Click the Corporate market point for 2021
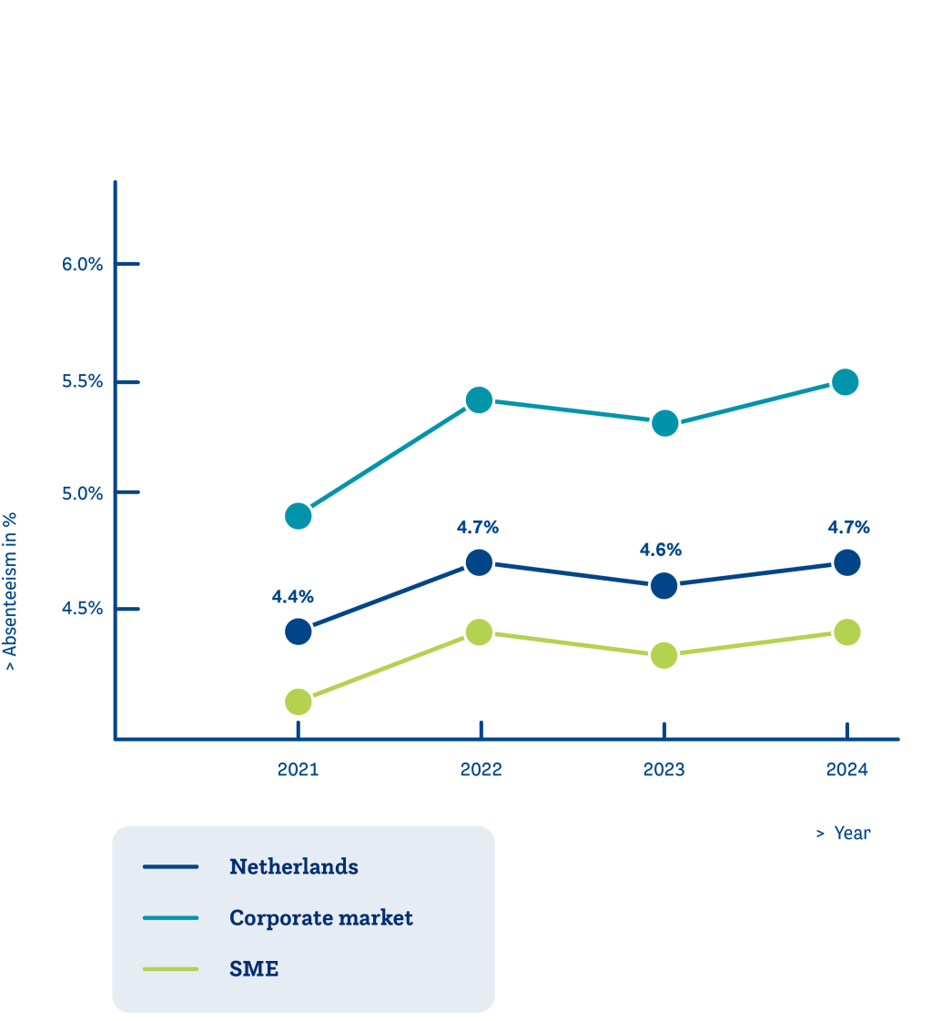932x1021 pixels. [298, 517]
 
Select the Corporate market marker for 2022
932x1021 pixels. [479, 399]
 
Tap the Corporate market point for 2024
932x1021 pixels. [846, 381]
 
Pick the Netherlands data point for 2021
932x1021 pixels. [298, 631]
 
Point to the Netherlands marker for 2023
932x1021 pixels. [664, 585]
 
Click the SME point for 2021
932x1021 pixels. [298, 702]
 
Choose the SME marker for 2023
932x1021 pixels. [664, 655]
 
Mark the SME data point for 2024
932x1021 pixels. [846, 632]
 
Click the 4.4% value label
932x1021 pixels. [292, 597]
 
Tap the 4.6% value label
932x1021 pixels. [661, 550]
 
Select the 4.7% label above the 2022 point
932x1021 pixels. [478, 527]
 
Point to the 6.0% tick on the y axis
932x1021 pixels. [83, 264]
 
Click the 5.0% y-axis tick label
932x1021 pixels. [83, 493]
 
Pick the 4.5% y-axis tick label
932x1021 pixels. [83, 608]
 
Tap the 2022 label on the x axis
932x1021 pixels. [481, 770]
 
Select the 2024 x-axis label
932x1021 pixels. [846, 770]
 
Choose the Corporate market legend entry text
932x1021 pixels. [321, 917]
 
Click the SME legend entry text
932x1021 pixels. [254, 969]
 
